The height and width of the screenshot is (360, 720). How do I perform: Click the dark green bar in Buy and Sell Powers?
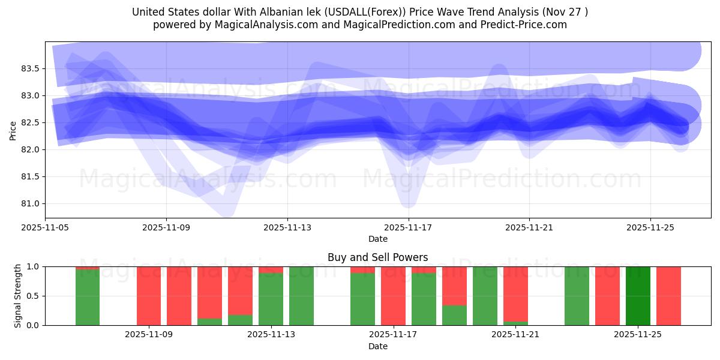[638, 296]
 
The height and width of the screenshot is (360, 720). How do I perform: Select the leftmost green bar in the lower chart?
[88, 297]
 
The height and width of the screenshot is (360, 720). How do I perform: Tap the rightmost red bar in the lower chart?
[668, 296]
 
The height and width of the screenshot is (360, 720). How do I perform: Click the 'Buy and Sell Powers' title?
[377, 257]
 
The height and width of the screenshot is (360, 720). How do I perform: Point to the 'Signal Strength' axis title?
[18, 296]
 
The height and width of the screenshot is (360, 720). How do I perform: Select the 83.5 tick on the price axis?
[30, 68]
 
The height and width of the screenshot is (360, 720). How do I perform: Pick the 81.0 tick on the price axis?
[30, 203]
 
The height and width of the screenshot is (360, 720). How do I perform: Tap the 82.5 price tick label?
[30, 122]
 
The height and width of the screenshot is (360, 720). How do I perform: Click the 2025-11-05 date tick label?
[46, 227]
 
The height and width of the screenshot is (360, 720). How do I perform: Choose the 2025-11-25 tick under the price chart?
[650, 227]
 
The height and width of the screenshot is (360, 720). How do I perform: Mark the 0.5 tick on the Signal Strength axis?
[33, 296]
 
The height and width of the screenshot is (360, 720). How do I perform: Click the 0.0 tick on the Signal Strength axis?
[33, 325]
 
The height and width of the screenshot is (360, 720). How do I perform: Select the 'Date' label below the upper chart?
[377, 239]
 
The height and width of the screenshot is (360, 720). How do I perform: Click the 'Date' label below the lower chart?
[377, 346]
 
